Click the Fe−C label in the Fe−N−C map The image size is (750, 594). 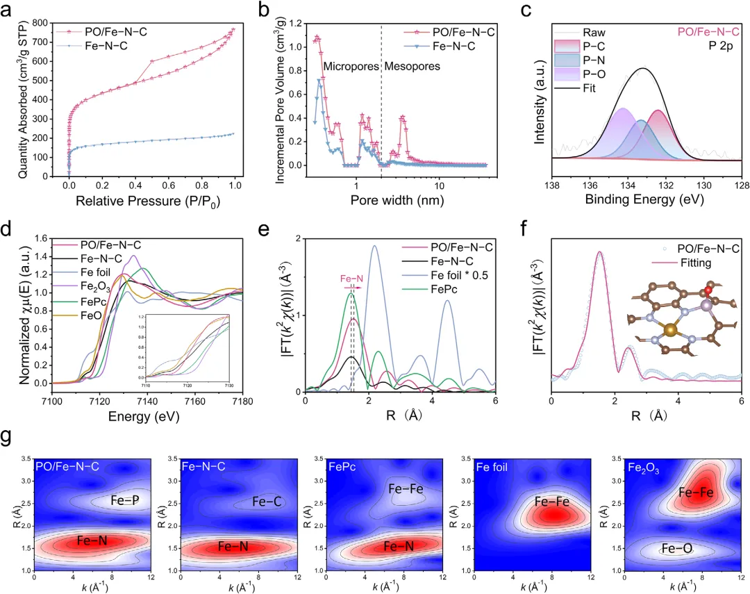[265, 501]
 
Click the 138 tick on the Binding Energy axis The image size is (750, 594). [553, 183]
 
